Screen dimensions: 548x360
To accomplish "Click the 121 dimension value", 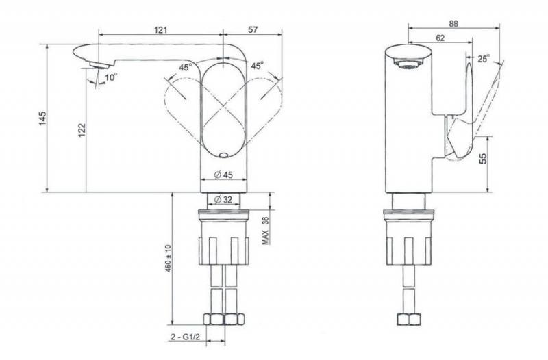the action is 161,29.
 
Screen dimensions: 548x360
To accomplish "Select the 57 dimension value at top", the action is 253,29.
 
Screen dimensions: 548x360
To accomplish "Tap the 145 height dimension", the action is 42,118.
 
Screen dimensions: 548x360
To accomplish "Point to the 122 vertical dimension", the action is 82,130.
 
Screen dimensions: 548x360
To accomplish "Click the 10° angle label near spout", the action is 111,77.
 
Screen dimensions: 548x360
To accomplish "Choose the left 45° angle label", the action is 186,67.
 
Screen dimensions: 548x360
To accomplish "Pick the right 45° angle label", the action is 258,65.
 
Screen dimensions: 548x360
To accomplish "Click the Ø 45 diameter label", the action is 223,175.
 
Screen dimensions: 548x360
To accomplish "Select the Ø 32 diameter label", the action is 223,200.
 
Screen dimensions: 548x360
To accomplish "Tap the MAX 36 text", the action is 266,230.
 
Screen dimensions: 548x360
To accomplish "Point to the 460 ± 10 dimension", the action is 168,259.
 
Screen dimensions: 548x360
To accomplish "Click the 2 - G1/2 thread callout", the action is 185,337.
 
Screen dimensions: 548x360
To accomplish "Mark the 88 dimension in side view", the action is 453,23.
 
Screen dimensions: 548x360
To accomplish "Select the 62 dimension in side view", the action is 440,38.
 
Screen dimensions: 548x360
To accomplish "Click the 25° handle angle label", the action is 484,59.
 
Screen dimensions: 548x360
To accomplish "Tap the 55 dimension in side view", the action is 483,159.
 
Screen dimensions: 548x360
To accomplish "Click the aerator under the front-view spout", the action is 98,65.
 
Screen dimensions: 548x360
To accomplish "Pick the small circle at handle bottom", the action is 223,155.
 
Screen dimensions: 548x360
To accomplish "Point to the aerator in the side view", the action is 408,64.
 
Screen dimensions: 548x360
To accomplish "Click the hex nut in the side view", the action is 408,320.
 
